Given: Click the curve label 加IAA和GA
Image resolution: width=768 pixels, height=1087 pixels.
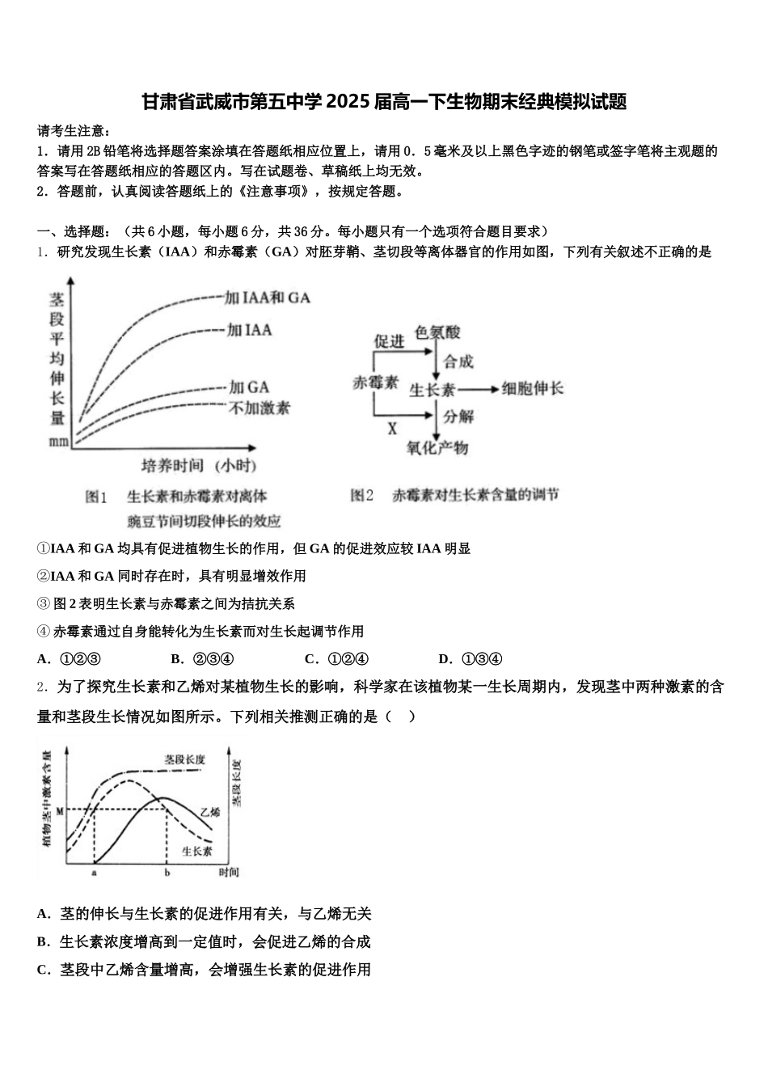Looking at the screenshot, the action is [x=267, y=298].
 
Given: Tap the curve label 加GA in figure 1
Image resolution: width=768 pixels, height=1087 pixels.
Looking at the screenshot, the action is [x=248, y=387].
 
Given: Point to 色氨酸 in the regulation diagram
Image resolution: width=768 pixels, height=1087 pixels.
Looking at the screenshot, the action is [x=437, y=333].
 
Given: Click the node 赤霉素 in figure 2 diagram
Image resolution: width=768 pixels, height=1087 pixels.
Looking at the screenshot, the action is [x=376, y=383].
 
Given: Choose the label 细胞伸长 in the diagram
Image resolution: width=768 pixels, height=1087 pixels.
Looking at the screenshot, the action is [x=532, y=389].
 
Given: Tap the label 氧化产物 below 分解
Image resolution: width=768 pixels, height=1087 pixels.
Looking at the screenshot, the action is [x=437, y=447].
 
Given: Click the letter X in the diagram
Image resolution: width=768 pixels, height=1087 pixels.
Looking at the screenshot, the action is [x=392, y=429].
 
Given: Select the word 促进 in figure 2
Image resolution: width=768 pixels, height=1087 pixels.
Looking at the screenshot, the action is [x=389, y=341].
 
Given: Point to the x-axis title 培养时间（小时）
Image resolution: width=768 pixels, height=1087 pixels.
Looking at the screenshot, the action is [x=199, y=465].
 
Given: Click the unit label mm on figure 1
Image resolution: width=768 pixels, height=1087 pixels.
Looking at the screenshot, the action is [x=58, y=442].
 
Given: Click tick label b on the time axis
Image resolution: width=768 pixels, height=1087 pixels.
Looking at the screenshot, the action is [x=167, y=873].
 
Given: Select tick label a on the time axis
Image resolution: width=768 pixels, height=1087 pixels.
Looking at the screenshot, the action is [x=95, y=873].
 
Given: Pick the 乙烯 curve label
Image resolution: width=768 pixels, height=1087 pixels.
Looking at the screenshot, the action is [x=209, y=812].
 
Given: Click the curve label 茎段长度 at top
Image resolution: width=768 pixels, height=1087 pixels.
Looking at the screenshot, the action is [x=184, y=759].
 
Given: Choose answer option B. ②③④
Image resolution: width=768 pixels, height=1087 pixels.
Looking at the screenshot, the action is [x=202, y=659].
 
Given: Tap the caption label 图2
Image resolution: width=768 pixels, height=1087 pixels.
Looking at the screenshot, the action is [x=361, y=495].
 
